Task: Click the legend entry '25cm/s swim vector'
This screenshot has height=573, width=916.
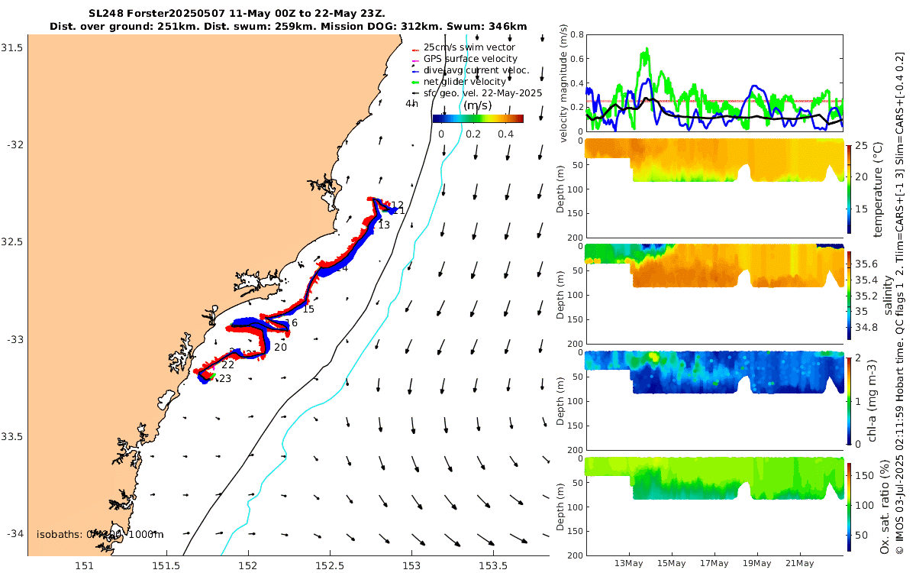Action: click(469, 47)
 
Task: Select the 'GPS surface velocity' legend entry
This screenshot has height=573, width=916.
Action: click(470, 59)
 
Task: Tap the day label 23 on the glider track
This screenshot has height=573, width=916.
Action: click(224, 378)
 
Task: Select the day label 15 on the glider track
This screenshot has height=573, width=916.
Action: click(308, 309)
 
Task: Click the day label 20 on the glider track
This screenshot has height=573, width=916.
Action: click(280, 347)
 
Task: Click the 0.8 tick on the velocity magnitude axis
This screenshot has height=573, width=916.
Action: click(576, 35)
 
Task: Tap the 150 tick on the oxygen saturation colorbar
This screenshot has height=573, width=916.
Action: click(860, 475)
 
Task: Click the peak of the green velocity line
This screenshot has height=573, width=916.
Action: click(647, 48)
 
